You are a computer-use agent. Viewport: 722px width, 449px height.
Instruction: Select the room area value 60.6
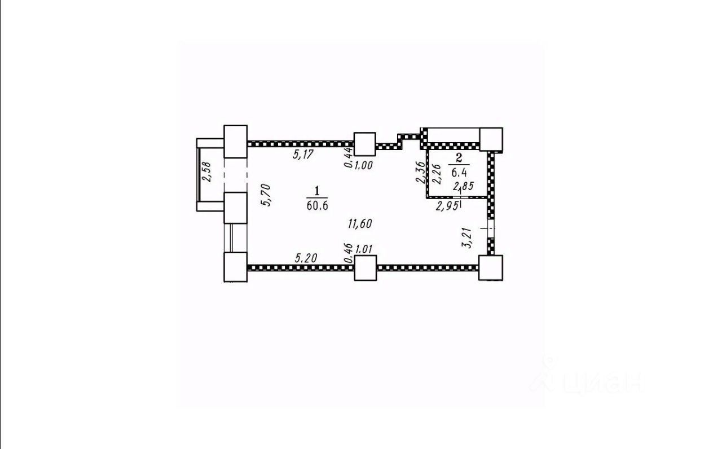(x=317, y=205)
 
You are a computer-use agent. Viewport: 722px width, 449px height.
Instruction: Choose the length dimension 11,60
(x=359, y=224)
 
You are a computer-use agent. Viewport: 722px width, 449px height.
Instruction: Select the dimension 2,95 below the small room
(x=446, y=206)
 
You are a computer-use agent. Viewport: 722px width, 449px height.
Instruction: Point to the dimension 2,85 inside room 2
(x=464, y=184)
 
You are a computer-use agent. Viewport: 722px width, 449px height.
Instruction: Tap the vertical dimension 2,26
(x=435, y=173)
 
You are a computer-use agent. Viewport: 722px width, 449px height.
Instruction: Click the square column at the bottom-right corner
(x=490, y=267)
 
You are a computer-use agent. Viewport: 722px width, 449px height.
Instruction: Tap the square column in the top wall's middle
(x=364, y=144)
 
